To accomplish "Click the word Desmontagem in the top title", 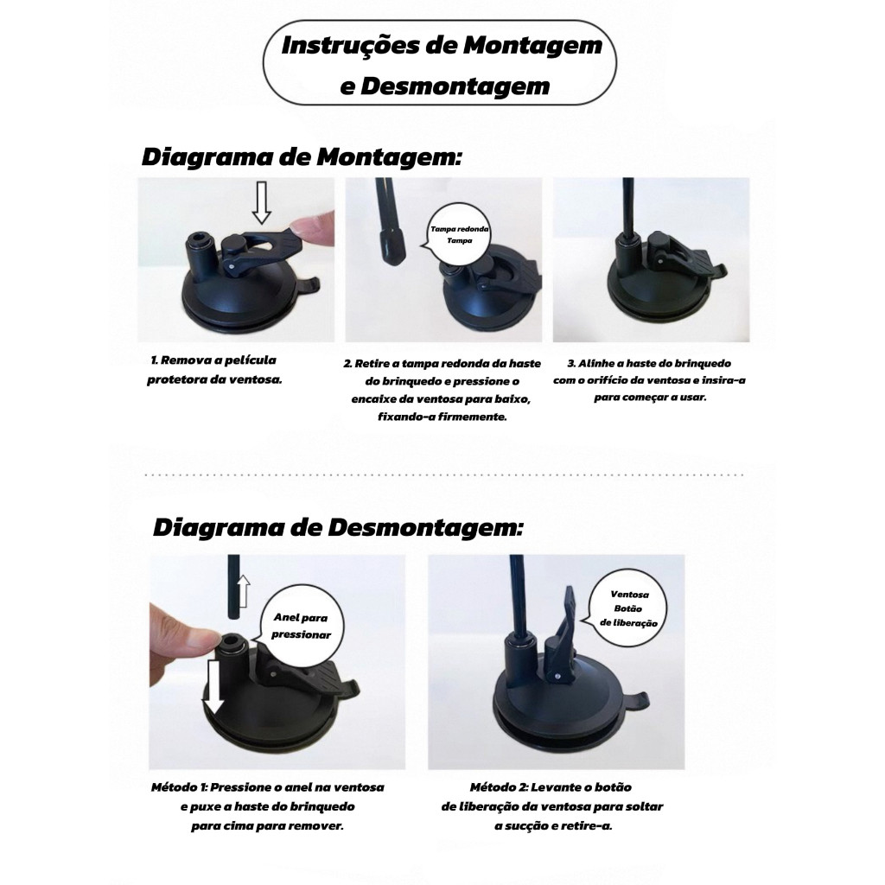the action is [x=455, y=86].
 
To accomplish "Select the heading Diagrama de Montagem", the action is [x=302, y=157].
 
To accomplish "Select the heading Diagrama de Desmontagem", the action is [x=338, y=528].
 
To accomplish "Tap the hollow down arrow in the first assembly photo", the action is [x=261, y=202].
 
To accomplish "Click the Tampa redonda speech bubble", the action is [x=460, y=235].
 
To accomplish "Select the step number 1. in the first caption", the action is [x=155, y=360].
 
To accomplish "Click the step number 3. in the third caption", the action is [x=571, y=364].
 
